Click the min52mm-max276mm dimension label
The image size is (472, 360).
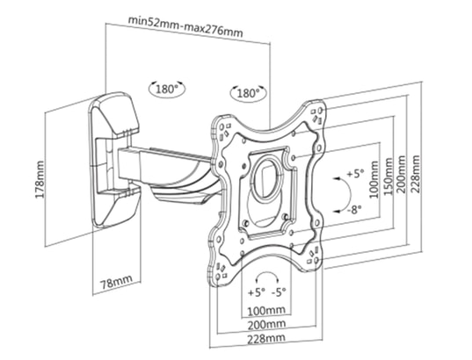point(185,26)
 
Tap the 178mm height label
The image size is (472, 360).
point(40,179)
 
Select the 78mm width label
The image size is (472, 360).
point(117,282)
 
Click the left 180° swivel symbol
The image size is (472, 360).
point(167,89)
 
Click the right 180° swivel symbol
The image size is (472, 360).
point(248,93)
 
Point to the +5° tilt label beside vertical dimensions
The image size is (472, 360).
point(355,174)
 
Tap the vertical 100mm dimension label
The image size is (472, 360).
point(374,179)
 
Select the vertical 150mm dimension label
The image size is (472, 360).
point(388,176)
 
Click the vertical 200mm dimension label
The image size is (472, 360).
point(401,174)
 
